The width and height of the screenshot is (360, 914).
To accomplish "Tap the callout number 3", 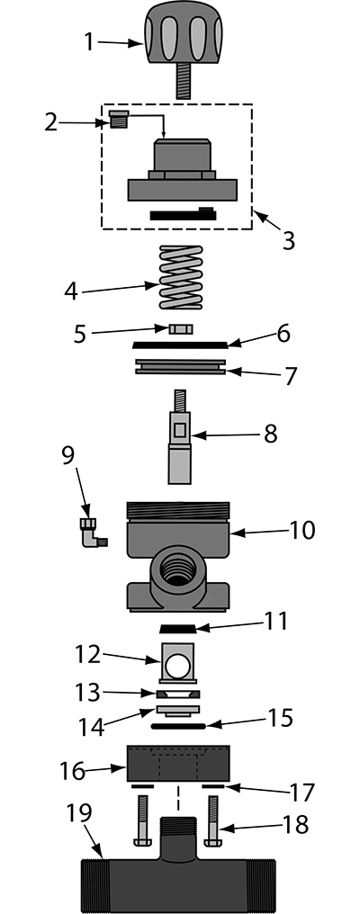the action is pyautogui.click(x=288, y=239).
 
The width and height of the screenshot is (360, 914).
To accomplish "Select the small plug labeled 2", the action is pyautogui.click(x=119, y=120).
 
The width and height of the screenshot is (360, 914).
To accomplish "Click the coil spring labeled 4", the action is pyautogui.click(x=181, y=277).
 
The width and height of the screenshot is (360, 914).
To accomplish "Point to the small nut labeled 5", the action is pyautogui.click(x=180, y=330).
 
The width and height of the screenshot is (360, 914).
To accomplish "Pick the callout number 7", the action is pyautogui.click(x=290, y=375).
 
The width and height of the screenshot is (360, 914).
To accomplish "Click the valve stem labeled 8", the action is pyautogui.click(x=179, y=436).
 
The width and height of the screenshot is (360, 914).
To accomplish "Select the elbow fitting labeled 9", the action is pyautogui.click(x=92, y=533).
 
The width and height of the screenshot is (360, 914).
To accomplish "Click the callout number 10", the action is pyautogui.click(x=302, y=531).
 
